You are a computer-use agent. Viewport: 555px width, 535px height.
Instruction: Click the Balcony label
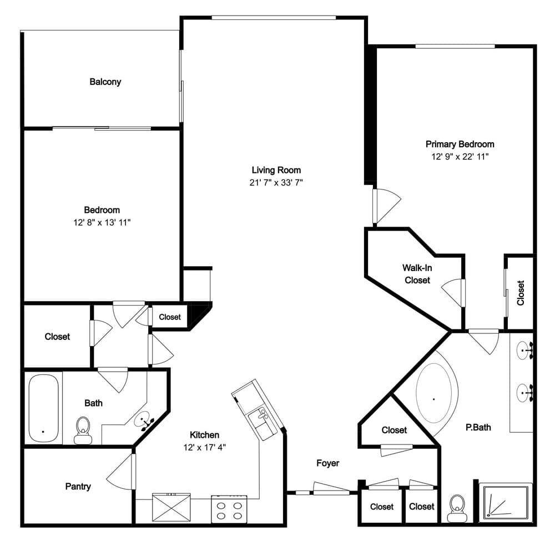[105, 82]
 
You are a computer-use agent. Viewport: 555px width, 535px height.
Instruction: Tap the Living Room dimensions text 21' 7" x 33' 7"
[276, 182]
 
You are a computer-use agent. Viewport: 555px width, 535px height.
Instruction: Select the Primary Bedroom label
[460, 144]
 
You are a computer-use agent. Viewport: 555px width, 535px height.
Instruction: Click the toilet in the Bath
[83, 430]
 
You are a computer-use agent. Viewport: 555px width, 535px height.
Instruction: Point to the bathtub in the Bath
[43, 408]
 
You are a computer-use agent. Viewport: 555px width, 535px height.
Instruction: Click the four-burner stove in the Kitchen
[229, 509]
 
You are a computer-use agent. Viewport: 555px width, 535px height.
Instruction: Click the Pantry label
[78, 486]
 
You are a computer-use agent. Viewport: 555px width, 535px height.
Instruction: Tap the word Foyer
[328, 463]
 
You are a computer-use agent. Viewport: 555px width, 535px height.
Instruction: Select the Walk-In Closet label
[417, 274]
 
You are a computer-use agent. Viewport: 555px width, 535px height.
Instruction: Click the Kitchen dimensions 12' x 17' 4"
[205, 447]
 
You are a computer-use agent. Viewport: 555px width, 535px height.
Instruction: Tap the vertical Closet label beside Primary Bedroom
[521, 293]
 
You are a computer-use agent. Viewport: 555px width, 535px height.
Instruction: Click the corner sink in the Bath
[143, 421]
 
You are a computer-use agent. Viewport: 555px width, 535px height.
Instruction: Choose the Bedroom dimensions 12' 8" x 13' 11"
[102, 223]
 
